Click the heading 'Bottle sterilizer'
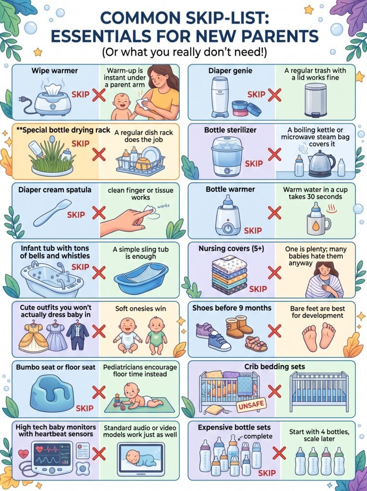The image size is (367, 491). pos(230,130)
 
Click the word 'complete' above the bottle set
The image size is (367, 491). pos(258,436)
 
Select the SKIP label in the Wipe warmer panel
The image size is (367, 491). pos(81,94)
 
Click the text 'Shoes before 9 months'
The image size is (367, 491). pos(232,308)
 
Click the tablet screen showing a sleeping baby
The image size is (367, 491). pos(141,459)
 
